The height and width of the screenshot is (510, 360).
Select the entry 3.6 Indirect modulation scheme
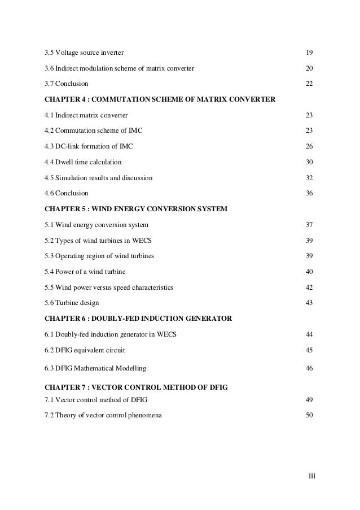point(119,68)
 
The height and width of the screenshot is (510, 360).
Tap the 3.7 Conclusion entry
point(66,84)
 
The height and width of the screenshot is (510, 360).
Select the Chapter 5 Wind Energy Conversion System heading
point(135,209)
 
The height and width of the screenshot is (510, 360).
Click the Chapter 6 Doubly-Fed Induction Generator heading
point(138,319)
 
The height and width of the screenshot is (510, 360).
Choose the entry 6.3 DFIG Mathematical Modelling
point(95,369)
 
